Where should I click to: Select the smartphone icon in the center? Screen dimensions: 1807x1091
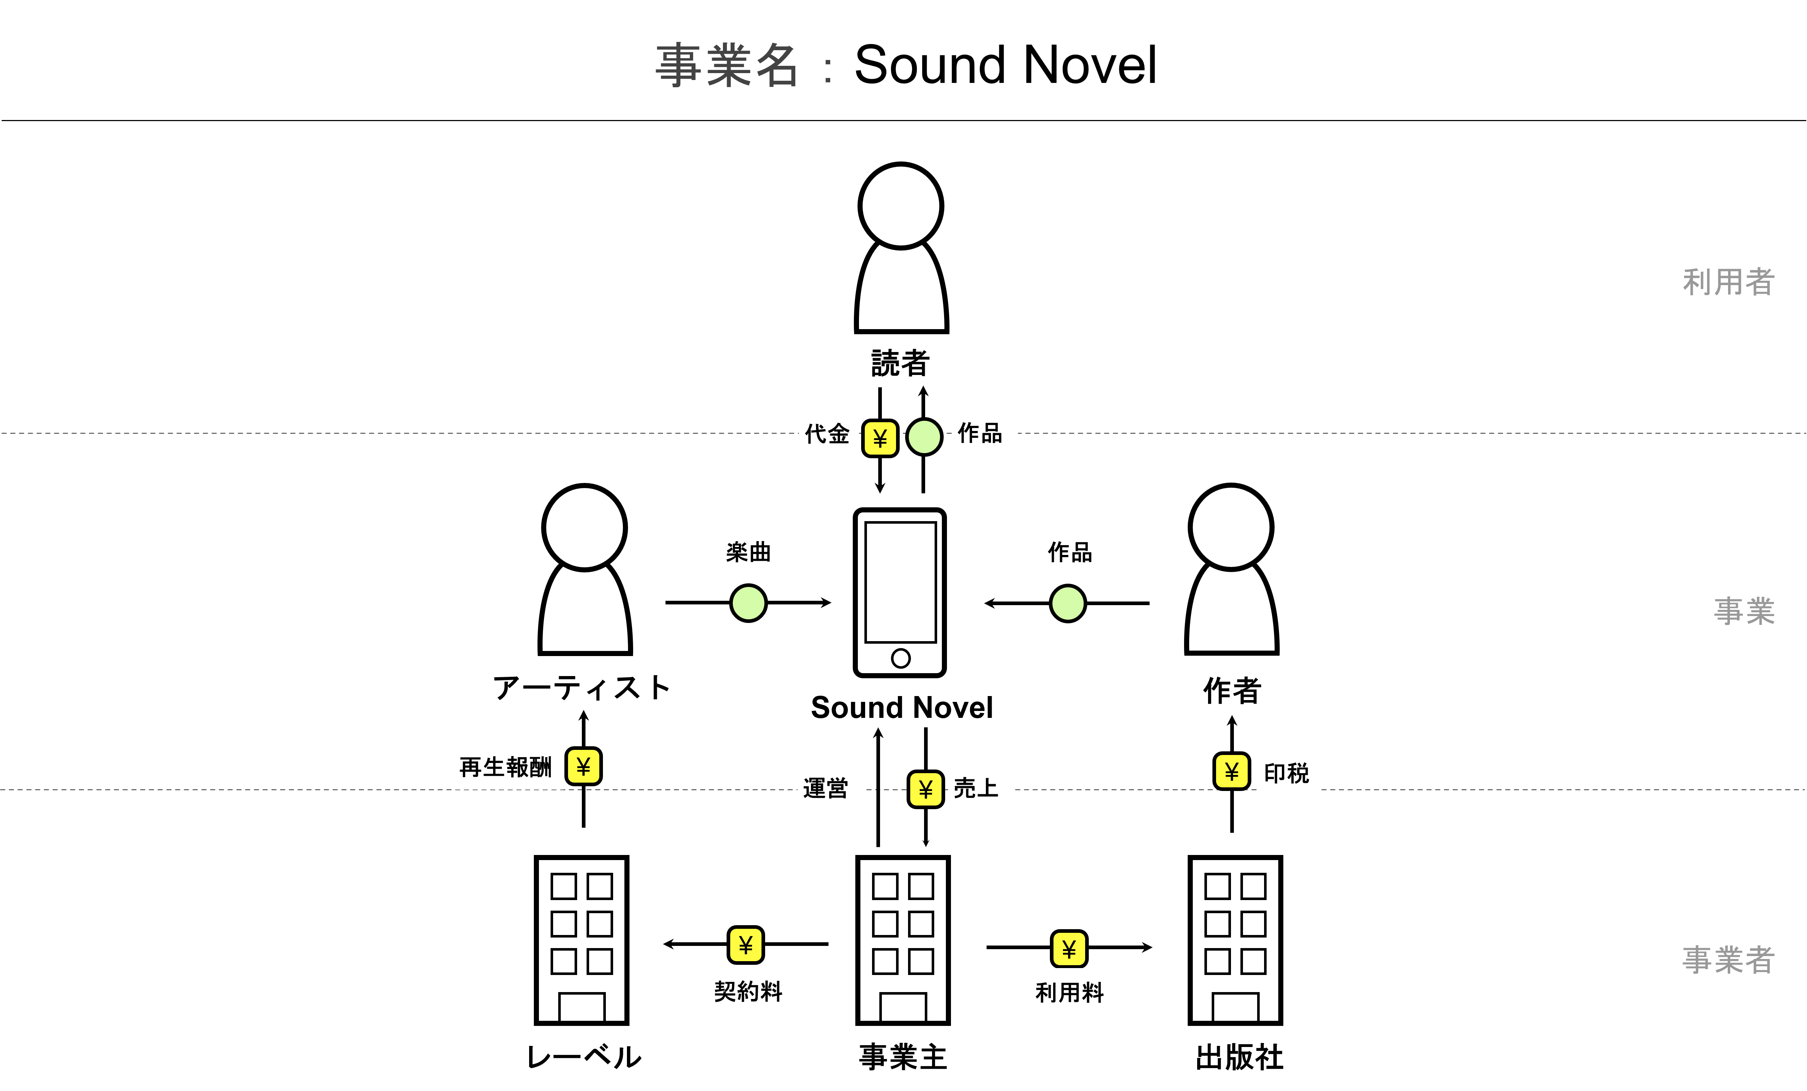coord(900,592)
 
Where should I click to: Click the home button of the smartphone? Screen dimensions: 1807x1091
coord(900,658)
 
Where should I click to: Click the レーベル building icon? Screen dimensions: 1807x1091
coord(581,940)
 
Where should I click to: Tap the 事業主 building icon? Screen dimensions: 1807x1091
coord(903,940)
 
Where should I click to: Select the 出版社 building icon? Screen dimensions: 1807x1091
coord(1236,940)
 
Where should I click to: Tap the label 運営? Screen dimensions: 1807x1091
coord(826,788)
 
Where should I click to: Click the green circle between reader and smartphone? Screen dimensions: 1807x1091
coord(924,437)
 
